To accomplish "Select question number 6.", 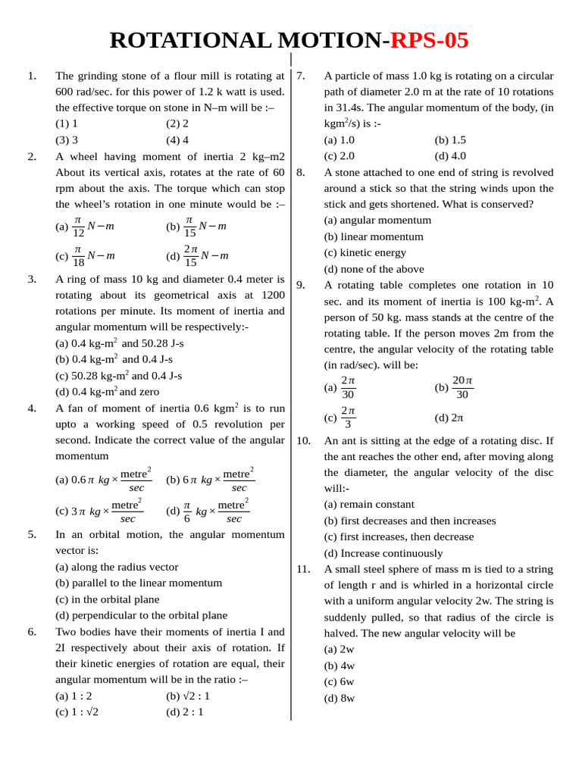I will tap(32, 631).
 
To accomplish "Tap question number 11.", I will tap(303, 568).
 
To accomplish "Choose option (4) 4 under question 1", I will tap(177, 139).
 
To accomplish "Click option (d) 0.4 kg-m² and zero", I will tap(108, 392).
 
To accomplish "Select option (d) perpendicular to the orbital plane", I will tap(141, 615).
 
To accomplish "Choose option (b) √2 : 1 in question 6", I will tap(188, 696).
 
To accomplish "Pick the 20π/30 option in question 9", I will tap(454, 386).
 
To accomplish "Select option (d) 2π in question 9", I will tap(449, 418).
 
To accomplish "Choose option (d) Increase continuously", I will tap(383, 553).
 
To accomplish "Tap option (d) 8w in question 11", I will tap(339, 698).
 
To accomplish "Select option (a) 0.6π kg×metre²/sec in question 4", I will tap(104, 479).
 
